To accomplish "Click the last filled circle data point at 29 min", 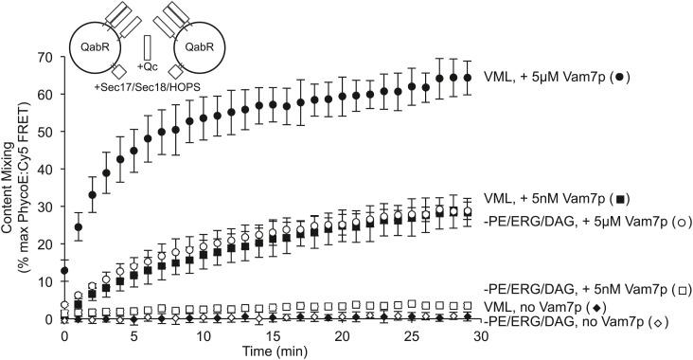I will [467, 78].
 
